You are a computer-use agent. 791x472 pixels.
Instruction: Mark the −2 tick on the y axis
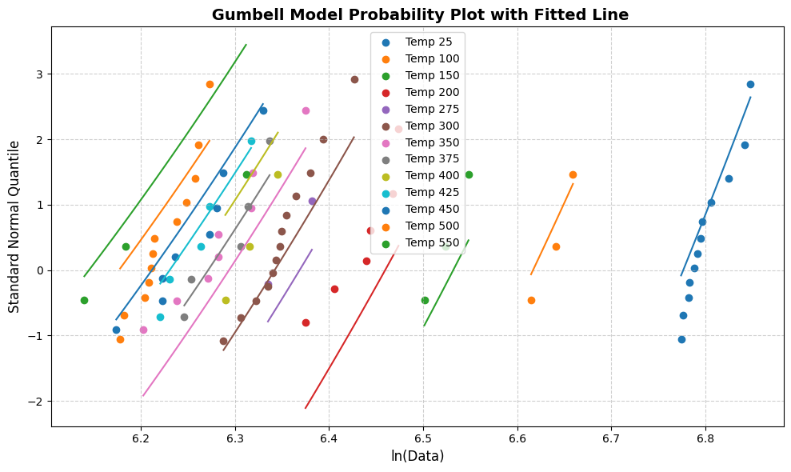(x=38, y=401)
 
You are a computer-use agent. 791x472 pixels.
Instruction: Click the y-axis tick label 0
(x=42, y=270)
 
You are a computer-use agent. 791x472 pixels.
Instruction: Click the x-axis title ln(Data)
(x=417, y=457)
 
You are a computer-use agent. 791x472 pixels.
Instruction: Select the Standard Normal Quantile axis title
(x=14, y=226)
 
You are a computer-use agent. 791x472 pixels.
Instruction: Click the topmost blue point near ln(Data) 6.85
(x=750, y=84)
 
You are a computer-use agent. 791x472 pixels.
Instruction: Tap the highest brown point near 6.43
(x=354, y=79)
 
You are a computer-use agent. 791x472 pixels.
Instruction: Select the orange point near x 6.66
(x=573, y=174)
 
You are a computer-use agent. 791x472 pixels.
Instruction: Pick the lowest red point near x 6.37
(x=306, y=322)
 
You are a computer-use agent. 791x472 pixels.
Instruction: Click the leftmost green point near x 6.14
(x=84, y=300)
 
